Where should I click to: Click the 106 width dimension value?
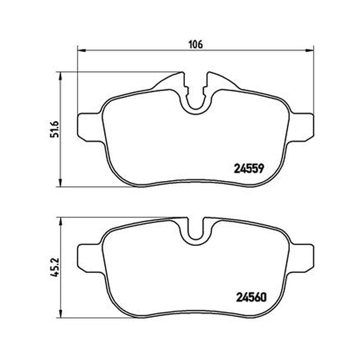[x=196, y=44]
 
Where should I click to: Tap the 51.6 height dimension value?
[x=54, y=129]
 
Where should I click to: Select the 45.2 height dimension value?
[x=54, y=267]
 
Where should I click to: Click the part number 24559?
[x=249, y=169]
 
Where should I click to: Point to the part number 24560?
[x=251, y=297]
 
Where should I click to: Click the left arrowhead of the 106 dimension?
[x=81, y=50]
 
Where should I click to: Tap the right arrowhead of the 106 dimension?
[x=310, y=50]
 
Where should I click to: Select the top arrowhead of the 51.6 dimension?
[x=60, y=76]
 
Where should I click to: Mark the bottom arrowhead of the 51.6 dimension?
[x=60, y=183]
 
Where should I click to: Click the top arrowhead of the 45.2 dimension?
[x=60, y=221]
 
